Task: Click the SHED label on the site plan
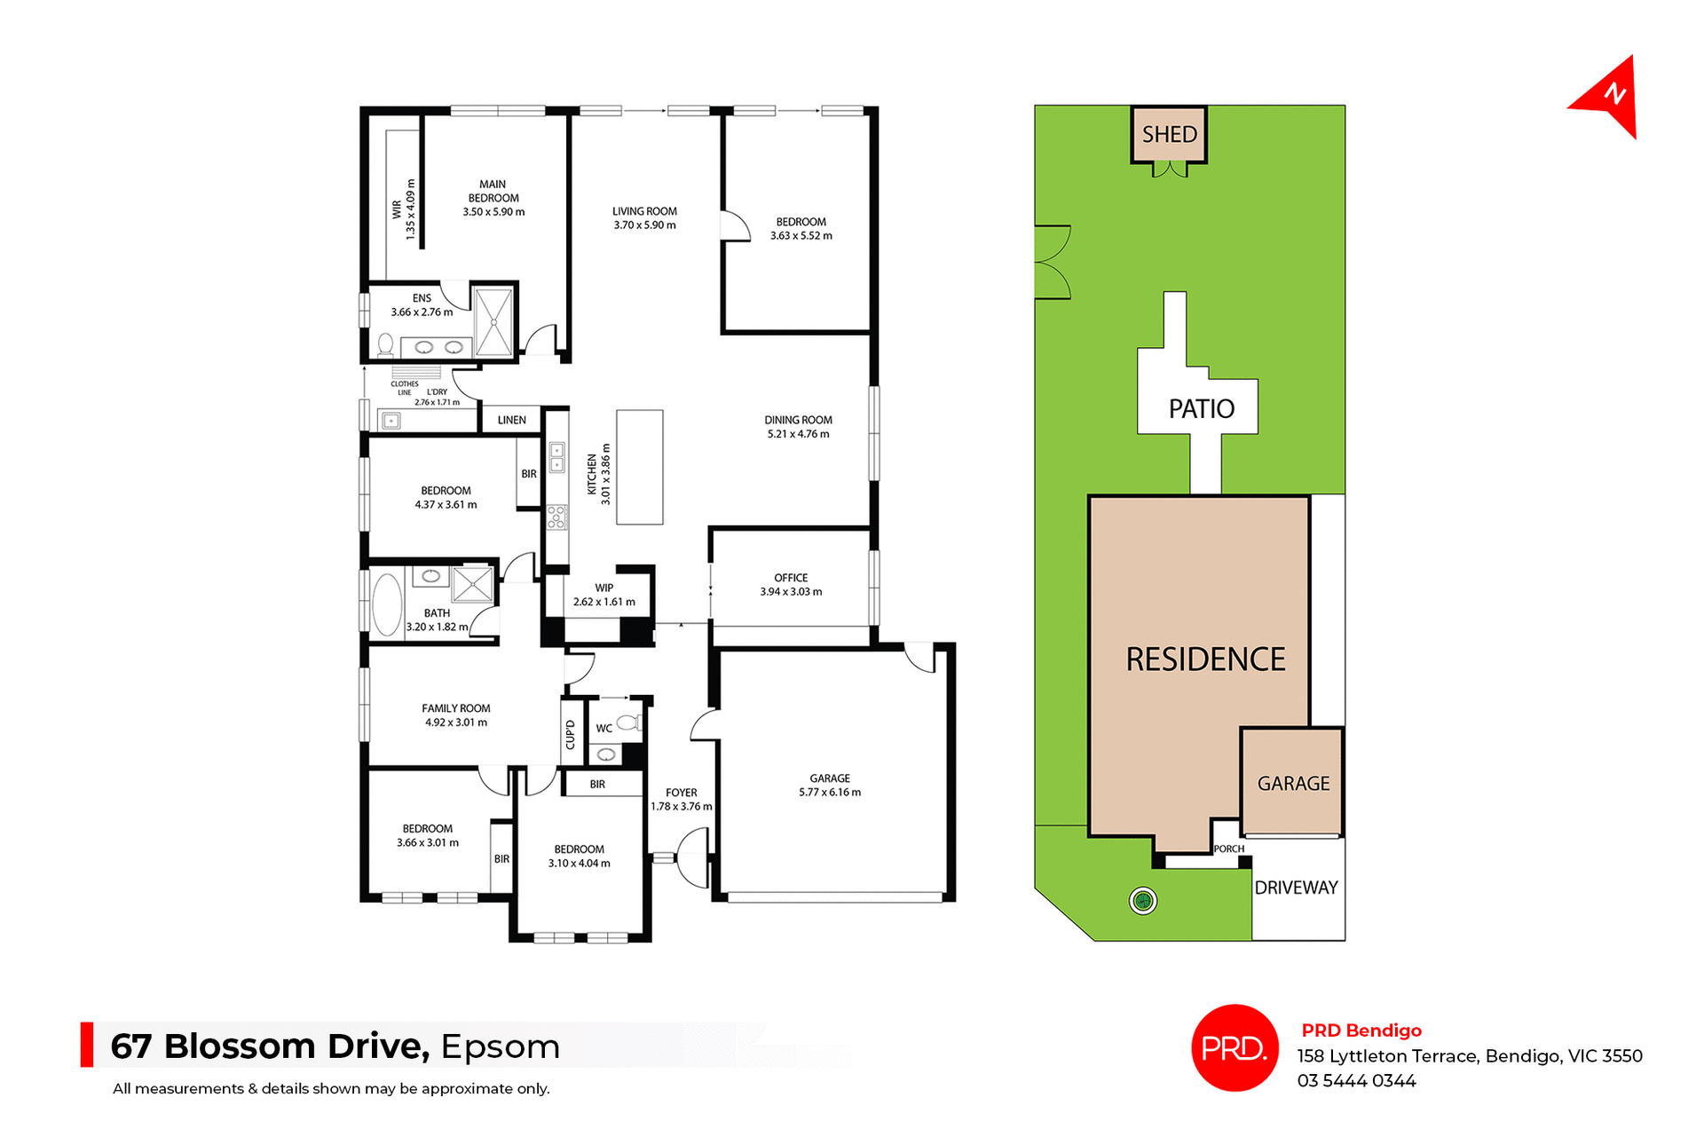1169,135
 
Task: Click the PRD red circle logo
1234,1047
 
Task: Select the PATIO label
1201,409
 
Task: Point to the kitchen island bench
639,467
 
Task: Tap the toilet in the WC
627,722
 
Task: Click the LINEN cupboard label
511,420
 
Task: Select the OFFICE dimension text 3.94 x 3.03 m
791,592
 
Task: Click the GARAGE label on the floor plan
829,778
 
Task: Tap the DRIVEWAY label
1296,888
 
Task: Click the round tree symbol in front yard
1143,902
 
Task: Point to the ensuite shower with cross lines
493,321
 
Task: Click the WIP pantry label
603,588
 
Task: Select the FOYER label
681,793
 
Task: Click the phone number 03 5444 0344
1356,1081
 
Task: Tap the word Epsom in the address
500,1046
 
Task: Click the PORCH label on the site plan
1228,849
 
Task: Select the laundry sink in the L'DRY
390,422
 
